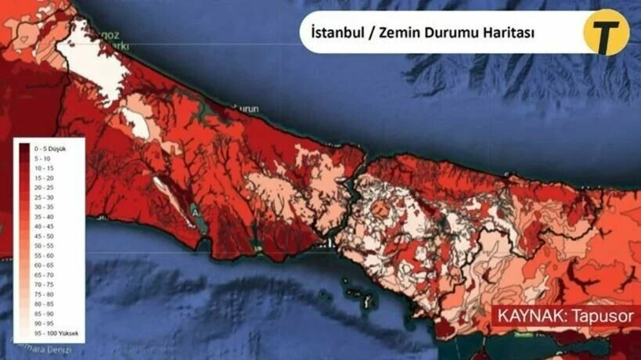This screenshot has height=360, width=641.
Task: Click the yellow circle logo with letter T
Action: (605, 32)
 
